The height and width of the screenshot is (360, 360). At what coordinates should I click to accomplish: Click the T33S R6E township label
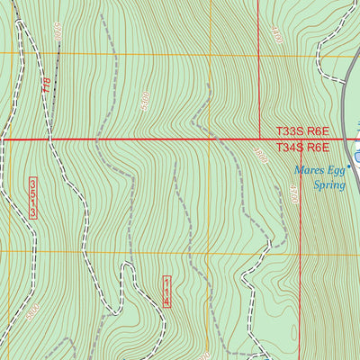[x=302, y=130]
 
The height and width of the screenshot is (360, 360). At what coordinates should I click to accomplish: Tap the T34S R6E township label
[x=302, y=148]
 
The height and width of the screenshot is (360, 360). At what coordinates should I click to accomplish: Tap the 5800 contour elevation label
[x=32, y=313]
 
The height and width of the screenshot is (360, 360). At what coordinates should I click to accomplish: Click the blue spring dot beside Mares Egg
[x=346, y=165]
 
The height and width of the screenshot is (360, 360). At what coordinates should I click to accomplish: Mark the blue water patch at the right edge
[x=356, y=157]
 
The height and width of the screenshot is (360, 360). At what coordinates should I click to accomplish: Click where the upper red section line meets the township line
[x=259, y=139]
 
